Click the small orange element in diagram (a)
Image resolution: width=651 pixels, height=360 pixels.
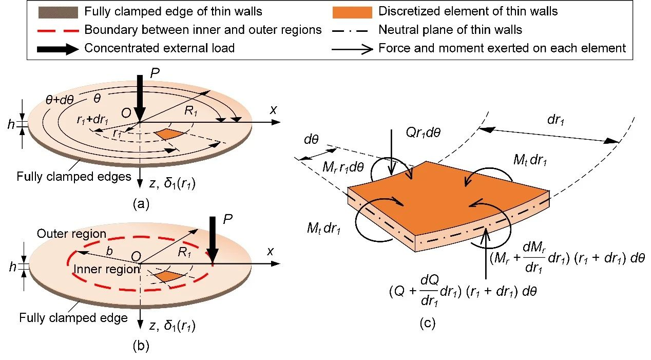pos(168,134)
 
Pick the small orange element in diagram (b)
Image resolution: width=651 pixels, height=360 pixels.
pos(168,276)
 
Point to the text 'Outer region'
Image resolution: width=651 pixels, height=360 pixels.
pos(71,234)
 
